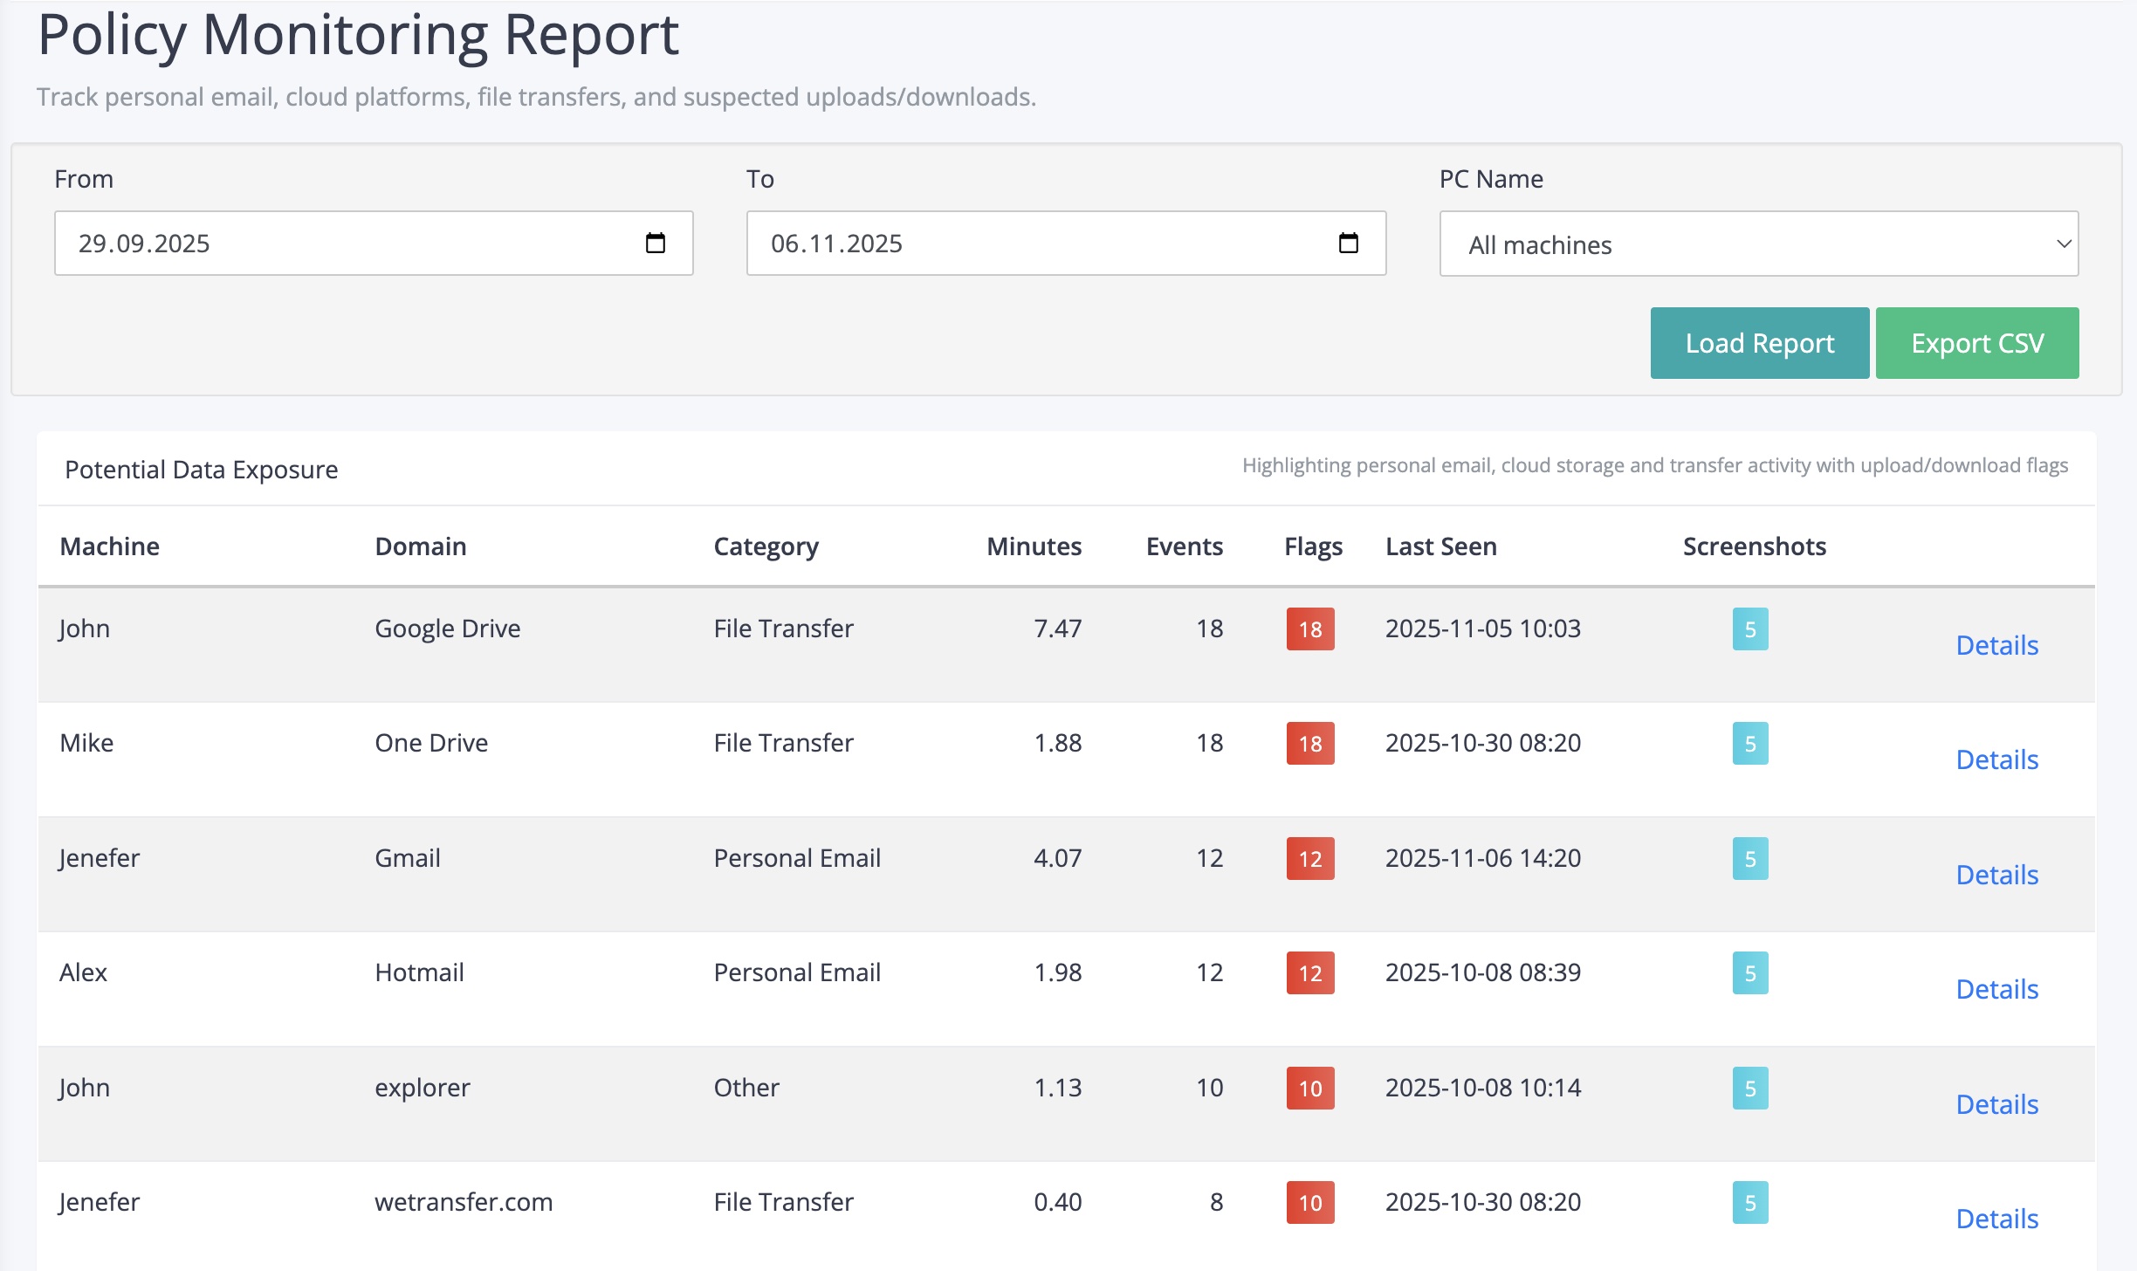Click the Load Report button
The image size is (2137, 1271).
coord(1759,343)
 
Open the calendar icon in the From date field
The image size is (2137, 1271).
coord(655,244)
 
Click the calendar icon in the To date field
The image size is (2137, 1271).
coord(1348,244)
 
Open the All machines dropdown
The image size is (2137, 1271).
coord(1758,244)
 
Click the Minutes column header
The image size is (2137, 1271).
coord(1034,546)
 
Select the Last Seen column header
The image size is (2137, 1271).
coord(1440,546)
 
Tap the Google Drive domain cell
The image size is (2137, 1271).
coord(447,629)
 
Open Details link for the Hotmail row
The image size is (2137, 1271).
coord(1996,989)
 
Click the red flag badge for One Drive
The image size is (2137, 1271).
coord(1309,744)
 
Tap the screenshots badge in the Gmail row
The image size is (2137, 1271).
coord(1749,859)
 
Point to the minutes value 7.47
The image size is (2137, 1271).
coord(1057,629)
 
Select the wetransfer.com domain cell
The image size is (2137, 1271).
coord(464,1202)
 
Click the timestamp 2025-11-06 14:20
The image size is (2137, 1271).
coord(1482,858)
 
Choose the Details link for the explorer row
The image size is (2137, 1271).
coord(1996,1104)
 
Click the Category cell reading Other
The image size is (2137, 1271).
coord(746,1088)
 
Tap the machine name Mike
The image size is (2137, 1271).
coord(86,743)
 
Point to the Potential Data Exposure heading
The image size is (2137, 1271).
coord(202,470)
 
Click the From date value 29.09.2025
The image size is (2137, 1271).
coord(144,244)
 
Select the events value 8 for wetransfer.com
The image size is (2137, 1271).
coord(1215,1202)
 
